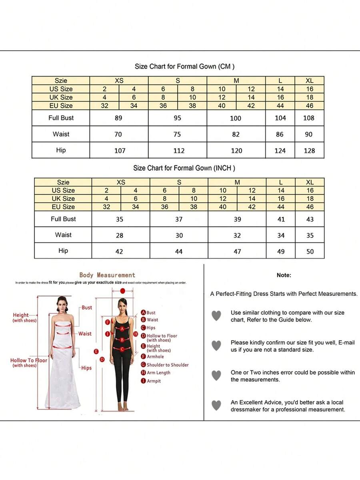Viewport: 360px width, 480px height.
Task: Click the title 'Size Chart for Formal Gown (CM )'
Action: (x=184, y=66)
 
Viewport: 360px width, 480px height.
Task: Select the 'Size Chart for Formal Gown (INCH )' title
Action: (x=184, y=168)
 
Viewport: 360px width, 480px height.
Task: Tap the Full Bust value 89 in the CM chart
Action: (x=118, y=118)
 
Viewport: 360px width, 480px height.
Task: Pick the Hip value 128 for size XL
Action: (x=309, y=151)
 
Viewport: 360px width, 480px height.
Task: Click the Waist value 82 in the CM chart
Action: (x=236, y=135)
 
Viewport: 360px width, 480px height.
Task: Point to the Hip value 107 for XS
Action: (x=120, y=151)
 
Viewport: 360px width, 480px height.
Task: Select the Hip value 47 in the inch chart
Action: (x=237, y=252)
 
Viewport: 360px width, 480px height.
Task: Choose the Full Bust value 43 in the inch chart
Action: (x=310, y=219)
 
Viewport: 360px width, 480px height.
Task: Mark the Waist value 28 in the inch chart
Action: (x=120, y=236)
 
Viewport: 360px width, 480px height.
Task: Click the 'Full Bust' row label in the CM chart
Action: (x=61, y=118)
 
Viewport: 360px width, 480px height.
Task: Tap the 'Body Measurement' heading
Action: (x=107, y=275)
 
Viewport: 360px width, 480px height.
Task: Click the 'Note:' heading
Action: (x=284, y=275)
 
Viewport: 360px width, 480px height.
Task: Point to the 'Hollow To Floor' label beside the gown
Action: (x=29, y=360)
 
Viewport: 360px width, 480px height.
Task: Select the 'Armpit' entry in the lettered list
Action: (x=154, y=381)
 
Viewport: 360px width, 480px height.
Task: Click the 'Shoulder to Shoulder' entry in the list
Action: (x=167, y=365)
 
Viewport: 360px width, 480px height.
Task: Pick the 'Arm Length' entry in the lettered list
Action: (x=158, y=373)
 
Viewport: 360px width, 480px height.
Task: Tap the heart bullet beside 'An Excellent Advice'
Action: (x=216, y=405)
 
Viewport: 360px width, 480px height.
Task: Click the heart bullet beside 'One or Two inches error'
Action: (x=216, y=375)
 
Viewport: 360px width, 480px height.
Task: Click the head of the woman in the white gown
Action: (x=62, y=302)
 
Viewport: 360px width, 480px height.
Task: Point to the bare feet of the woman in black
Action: (x=123, y=407)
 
